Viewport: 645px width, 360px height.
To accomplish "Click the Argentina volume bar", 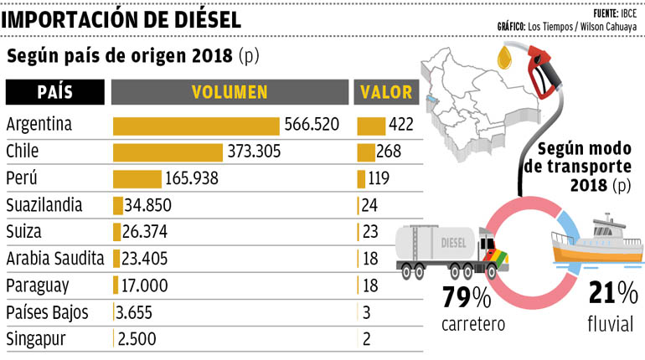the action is (x=196, y=126).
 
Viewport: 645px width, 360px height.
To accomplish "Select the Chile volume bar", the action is (x=168, y=152).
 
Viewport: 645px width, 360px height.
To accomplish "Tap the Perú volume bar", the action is (x=137, y=179).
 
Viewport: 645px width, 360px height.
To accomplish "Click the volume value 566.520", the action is (x=312, y=125).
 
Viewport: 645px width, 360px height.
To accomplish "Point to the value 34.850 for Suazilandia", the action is (x=148, y=205).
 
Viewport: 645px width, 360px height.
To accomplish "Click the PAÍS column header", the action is (x=55, y=92).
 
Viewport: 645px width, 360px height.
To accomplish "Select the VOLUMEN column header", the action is (x=230, y=92).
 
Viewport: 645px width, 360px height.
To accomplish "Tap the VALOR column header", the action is (x=386, y=92).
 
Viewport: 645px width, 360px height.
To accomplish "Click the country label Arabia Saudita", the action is (x=55, y=259).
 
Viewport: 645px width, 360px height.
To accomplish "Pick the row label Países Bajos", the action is (x=47, y=313).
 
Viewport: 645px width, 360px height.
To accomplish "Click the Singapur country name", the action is (x=36, y=340).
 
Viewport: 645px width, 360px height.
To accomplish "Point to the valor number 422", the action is (x=401, y=125).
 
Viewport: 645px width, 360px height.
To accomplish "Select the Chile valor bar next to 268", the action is (x=366, y=152).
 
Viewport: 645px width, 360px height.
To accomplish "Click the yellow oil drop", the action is (x=504, y=58).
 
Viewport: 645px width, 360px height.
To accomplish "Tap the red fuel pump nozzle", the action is (x=543, y=71).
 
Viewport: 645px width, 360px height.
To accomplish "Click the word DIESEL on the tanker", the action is (x=453, y=243).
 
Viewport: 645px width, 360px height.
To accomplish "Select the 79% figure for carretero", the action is (x=467, y=297).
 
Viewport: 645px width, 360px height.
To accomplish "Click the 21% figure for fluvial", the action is (x=613, y=293).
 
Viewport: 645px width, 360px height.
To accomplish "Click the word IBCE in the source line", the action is (x=629, y=13).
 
